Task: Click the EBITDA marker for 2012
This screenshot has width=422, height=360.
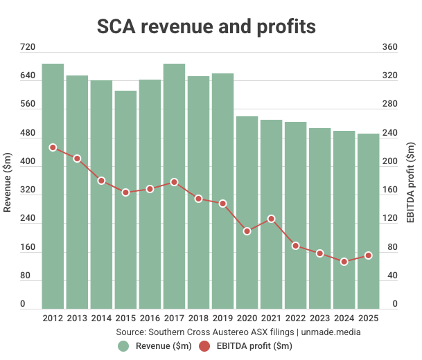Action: pos(53,147)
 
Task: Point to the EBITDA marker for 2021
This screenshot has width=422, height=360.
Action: pos(272,219)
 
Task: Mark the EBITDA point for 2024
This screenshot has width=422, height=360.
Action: pos(344,262)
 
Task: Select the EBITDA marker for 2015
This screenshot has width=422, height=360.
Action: pos(125,192)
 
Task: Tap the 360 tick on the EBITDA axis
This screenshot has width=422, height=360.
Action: pos(390,48)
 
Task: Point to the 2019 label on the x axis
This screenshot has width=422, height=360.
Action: pos(223,318)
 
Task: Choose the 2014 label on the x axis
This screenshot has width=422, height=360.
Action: pos(101,318)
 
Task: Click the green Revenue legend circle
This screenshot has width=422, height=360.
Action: pos(123,345)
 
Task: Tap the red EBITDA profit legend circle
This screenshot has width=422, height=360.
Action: pos(204,345)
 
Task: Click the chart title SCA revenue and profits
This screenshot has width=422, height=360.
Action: pos(206,26)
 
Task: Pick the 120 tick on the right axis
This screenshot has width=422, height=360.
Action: pos(390,219)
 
